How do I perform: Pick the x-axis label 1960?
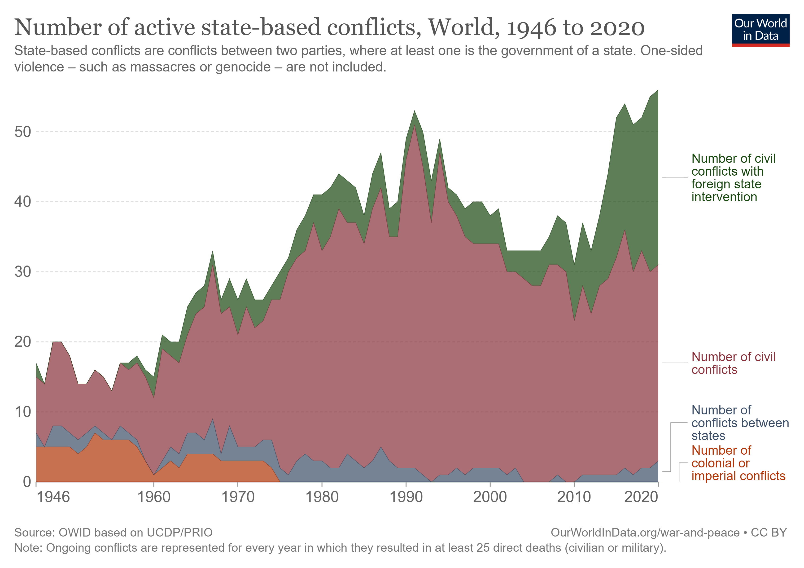pyautogui.click(x=154, y=497)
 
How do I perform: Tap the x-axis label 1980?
pyautogui.click(x=322, y=497)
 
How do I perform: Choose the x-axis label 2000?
pyautogui.click(x=490, y=497)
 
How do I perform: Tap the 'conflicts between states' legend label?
pyautogui.click(x=740, y=423)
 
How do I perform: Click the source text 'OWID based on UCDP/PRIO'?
pyautogui.click(x=135, y=532)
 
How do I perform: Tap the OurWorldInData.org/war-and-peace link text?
pyautogui.click(x=645, y=532)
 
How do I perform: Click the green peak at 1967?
pyautogui.click(x=213, y=251)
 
